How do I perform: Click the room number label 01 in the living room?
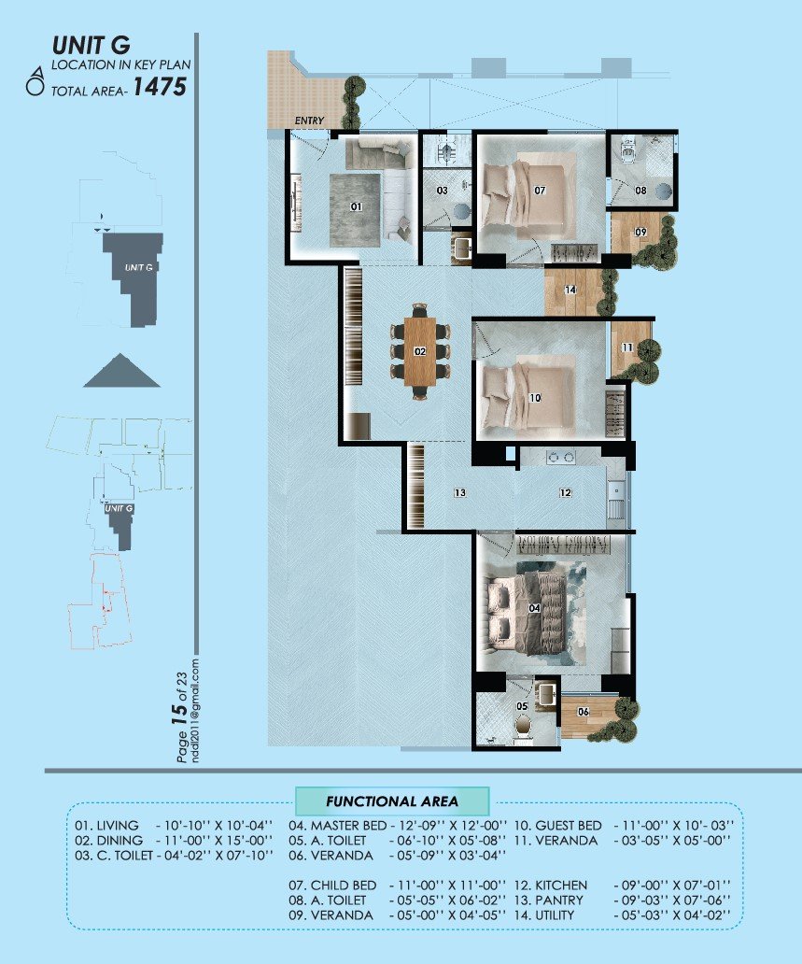(356, 207)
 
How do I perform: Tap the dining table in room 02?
(420, 351)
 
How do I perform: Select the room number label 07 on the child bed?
(540, 191)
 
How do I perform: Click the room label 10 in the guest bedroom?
(535, 397)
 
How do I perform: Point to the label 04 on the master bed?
(535, 608)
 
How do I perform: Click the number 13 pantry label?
(460, 492)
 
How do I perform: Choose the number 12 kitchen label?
(565, 492)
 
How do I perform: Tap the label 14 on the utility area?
(570, 291)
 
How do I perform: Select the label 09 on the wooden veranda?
(640, 232)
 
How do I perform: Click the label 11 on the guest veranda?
(627, 347)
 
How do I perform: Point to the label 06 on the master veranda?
(583, 712)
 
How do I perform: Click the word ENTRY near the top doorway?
(309, 121)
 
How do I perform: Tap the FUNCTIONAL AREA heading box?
(392, 801)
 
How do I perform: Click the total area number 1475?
(159, 88)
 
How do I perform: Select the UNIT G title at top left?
(90, 45)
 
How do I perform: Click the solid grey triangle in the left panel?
(121, 371)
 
